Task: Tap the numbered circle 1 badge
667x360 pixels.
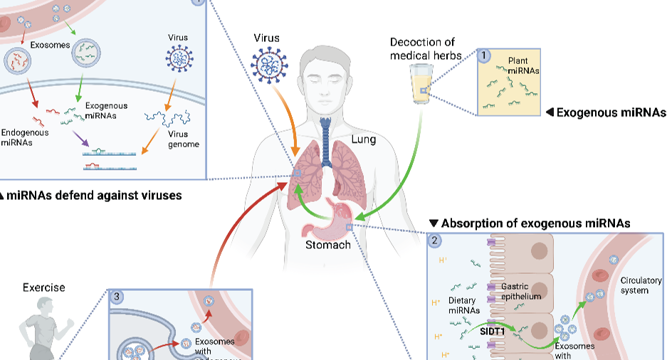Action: (484, 55)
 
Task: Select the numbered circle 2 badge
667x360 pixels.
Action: (434, 240)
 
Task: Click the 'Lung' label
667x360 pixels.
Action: (363, 140)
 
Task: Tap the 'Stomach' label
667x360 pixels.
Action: (327, 245)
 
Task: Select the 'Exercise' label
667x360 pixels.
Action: (43, 287)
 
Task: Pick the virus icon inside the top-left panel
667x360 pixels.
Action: (178, 60)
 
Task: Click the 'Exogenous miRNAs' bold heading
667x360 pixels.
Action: (610, 112)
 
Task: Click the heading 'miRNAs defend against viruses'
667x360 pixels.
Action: (92, 194)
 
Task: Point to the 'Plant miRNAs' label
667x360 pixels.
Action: (523, 66)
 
